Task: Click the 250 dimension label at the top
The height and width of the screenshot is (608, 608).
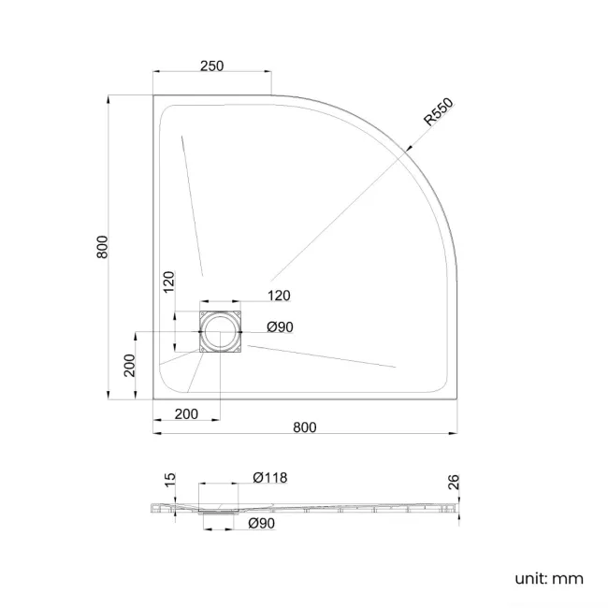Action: (x=211, y=65)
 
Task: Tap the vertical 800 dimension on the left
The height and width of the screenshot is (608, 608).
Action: (x=105, y=246)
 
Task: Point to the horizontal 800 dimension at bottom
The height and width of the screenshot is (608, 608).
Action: (x=305, y=427)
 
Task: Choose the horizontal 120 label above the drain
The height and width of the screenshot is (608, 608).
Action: (x=279, y=296)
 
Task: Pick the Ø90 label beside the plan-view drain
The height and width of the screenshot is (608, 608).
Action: (x=282, y=326)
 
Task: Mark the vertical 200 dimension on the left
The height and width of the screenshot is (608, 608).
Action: (x=131, y=365)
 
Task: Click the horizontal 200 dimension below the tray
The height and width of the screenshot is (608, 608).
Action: (x=186, y=413)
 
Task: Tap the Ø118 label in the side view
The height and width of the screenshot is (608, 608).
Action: (x=270, y=478)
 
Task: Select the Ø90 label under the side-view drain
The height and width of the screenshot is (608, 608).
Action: (x=262, y=525)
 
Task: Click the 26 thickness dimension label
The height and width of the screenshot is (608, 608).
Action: (x=454, y=483)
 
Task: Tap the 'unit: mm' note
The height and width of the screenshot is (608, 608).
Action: (x=549, y=579)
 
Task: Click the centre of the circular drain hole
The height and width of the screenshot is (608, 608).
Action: (x=221, y=332)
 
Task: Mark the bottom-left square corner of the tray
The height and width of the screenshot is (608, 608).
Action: (x=153, y=398)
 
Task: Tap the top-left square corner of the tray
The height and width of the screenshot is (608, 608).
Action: (x=153, y=94)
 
